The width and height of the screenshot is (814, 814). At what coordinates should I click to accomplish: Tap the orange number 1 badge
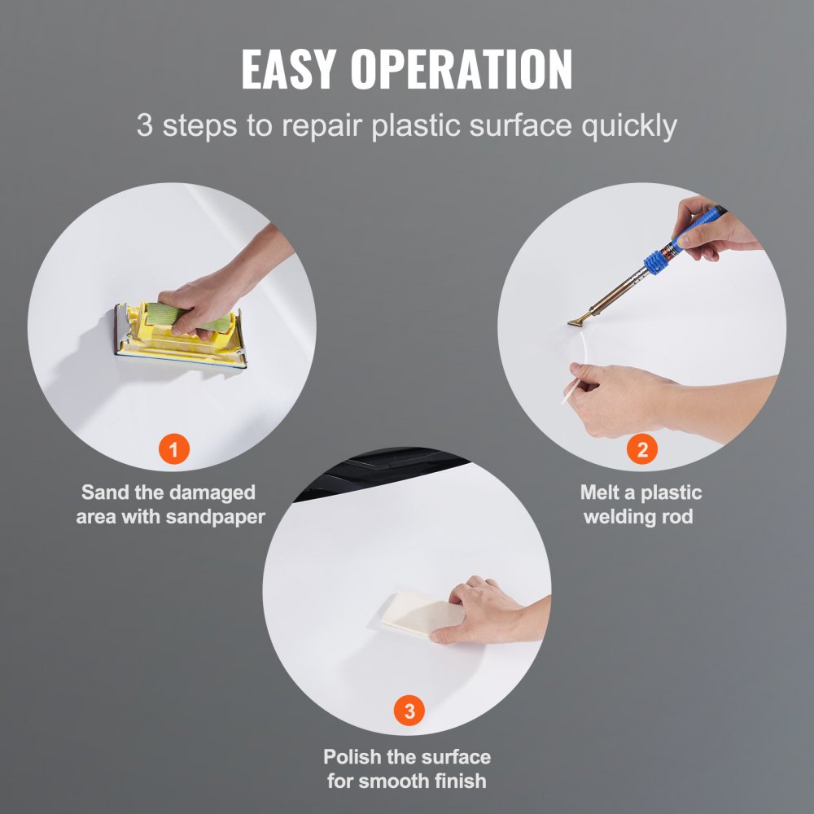(x=174, y=449)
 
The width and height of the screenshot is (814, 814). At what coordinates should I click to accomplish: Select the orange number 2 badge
(x=642, y=449)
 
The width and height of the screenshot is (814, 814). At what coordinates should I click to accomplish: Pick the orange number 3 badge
(x=409, y=711)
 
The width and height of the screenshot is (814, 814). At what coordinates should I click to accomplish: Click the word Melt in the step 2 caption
(x=604, y=492)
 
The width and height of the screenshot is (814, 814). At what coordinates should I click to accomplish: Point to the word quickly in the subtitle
(x=631, y=127)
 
